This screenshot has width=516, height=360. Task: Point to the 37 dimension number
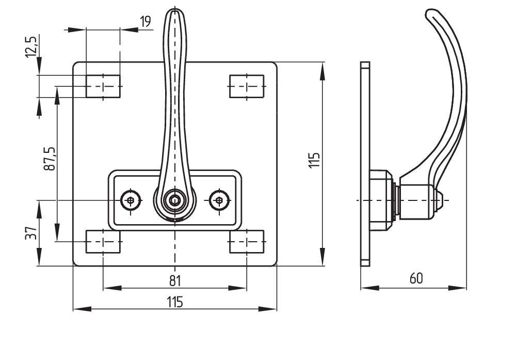pos(32,233)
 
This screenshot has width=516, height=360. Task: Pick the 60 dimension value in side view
pos(416,278)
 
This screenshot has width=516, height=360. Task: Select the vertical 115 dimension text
pos(315,160)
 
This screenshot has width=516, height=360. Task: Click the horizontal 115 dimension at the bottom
pos(174,302)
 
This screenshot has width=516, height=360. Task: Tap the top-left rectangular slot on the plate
pos(103,86)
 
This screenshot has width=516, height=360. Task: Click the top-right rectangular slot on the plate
pos(247,86)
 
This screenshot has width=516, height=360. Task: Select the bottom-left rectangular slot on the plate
pos(103,242)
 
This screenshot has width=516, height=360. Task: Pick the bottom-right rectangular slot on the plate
pos(247,242)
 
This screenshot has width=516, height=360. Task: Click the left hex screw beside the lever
pos(131,200)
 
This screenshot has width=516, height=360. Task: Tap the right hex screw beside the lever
pos(219,200)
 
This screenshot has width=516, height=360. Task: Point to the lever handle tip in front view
pos(174,15)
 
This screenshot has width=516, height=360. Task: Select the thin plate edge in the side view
pos(365,163)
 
